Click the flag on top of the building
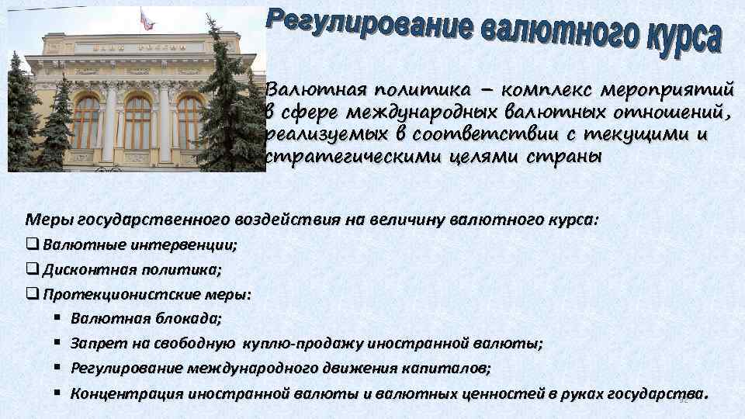pyautogui.click(x=146, y=19)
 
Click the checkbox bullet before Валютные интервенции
pyautogui.click(x=32, y=245)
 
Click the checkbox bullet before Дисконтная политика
pyautogui.click(x=32, y=269)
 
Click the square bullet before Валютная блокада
pyautogui.click(x=58, y=318)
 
